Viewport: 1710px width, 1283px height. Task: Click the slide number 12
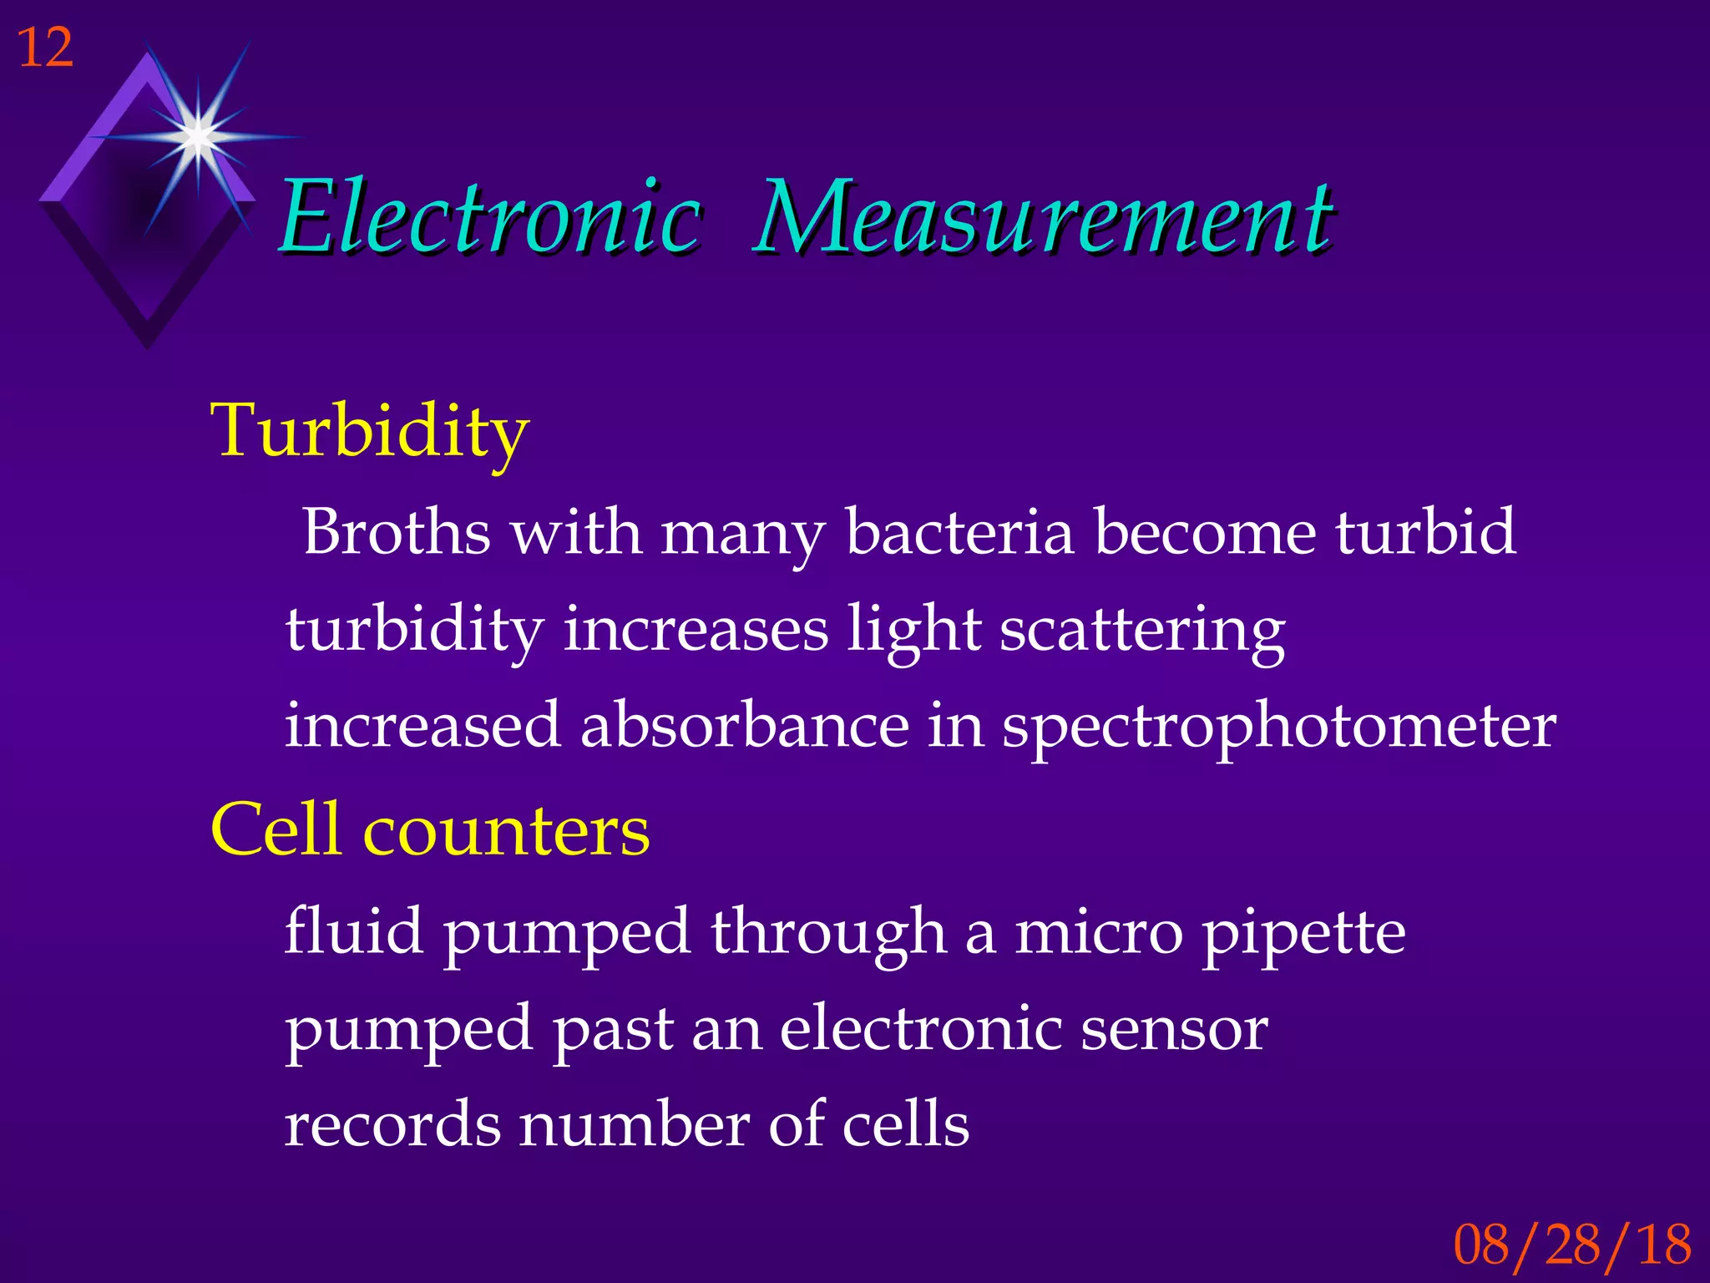45,48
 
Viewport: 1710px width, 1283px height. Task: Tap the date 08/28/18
1572,1245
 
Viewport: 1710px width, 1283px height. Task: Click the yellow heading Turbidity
370,431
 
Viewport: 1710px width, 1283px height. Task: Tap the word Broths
397,532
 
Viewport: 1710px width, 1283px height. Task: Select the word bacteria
959,532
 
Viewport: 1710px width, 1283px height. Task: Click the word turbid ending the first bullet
1424,532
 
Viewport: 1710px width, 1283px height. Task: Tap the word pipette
1303,934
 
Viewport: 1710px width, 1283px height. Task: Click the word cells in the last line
905,1125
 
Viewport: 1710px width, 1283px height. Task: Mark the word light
913,631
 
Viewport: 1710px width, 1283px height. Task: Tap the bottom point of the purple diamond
148,346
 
